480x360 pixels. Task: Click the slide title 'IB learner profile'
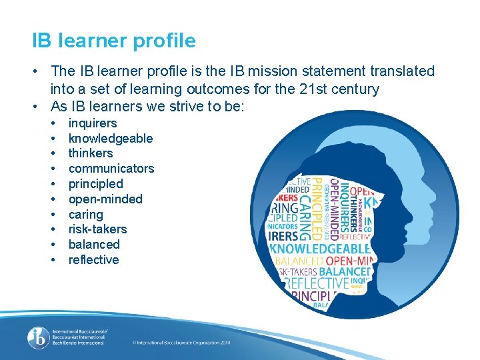pos(114,41)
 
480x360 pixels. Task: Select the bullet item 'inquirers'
pos(93,123)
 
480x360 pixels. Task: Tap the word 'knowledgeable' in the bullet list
pos(111,139)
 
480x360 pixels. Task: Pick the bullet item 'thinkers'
pos(91,153)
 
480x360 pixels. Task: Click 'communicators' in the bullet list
pos(111,169)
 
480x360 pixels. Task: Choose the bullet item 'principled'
pos(96,184)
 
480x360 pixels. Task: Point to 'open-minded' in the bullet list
pos(105,199)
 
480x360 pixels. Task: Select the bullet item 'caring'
pos(86,215)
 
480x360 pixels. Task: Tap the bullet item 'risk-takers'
pos(97,229)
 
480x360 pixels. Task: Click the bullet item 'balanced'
pos(94,245)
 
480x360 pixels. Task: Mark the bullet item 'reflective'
pos(94,260)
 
